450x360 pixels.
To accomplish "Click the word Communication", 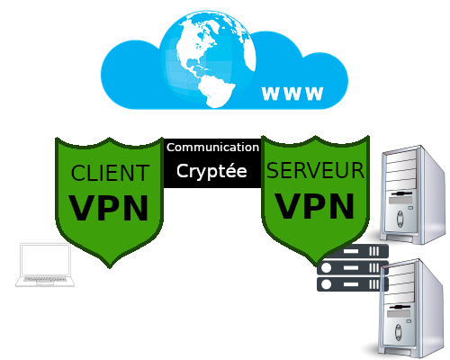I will click(x=212, y=147).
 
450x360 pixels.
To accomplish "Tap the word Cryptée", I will click(x=211, y=170).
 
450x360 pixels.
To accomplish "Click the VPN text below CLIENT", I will click(x=109, y=207).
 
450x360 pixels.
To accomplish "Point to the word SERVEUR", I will click(x=316, y=170).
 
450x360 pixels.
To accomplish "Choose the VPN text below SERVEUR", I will click(x=315, y=205).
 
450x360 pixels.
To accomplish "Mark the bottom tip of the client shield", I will click(x=109, y=266).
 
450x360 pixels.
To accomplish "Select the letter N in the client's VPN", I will click(x=133, y=207).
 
